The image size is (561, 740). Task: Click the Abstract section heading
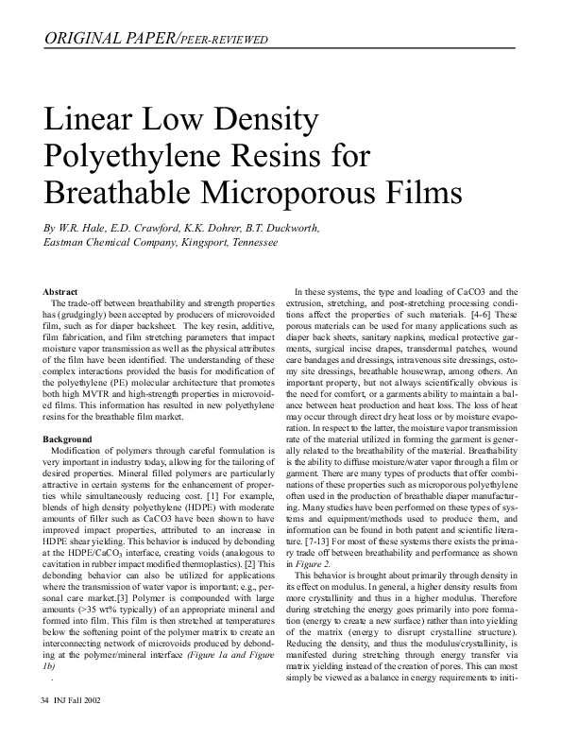click(61, 291)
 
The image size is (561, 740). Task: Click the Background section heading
click(68, 439)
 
